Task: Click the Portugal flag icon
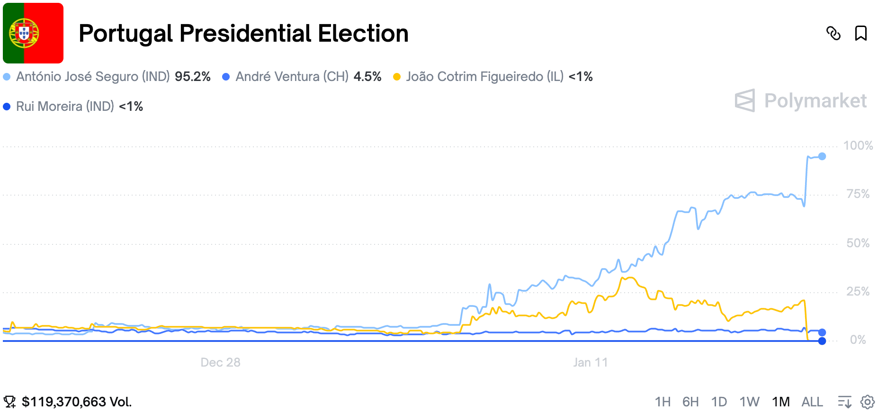click(33, 33)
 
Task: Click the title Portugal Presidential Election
click(243, 34)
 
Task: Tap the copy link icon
click(833, 33)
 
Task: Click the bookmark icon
click(860, 33)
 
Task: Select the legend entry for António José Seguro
click(92, 77)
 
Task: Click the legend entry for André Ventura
click(292, 77)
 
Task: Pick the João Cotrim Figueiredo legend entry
click(484, 77)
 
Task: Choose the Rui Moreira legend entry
click(65, 107)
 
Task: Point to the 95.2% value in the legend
click(193, 77)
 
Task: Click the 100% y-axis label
click(858, 145)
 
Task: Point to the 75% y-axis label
click(858, 194)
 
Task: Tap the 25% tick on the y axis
click(858, 291)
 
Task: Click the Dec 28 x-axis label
click(220, 362)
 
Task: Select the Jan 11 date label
click(590, 362)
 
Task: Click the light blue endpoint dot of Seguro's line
click(822, 156)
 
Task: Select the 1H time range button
click(663, 402)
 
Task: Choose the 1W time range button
click(749, 402)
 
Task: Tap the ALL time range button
click(812, 402)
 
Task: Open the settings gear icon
click(868, 402)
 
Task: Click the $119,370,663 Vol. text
click(77, 402)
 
